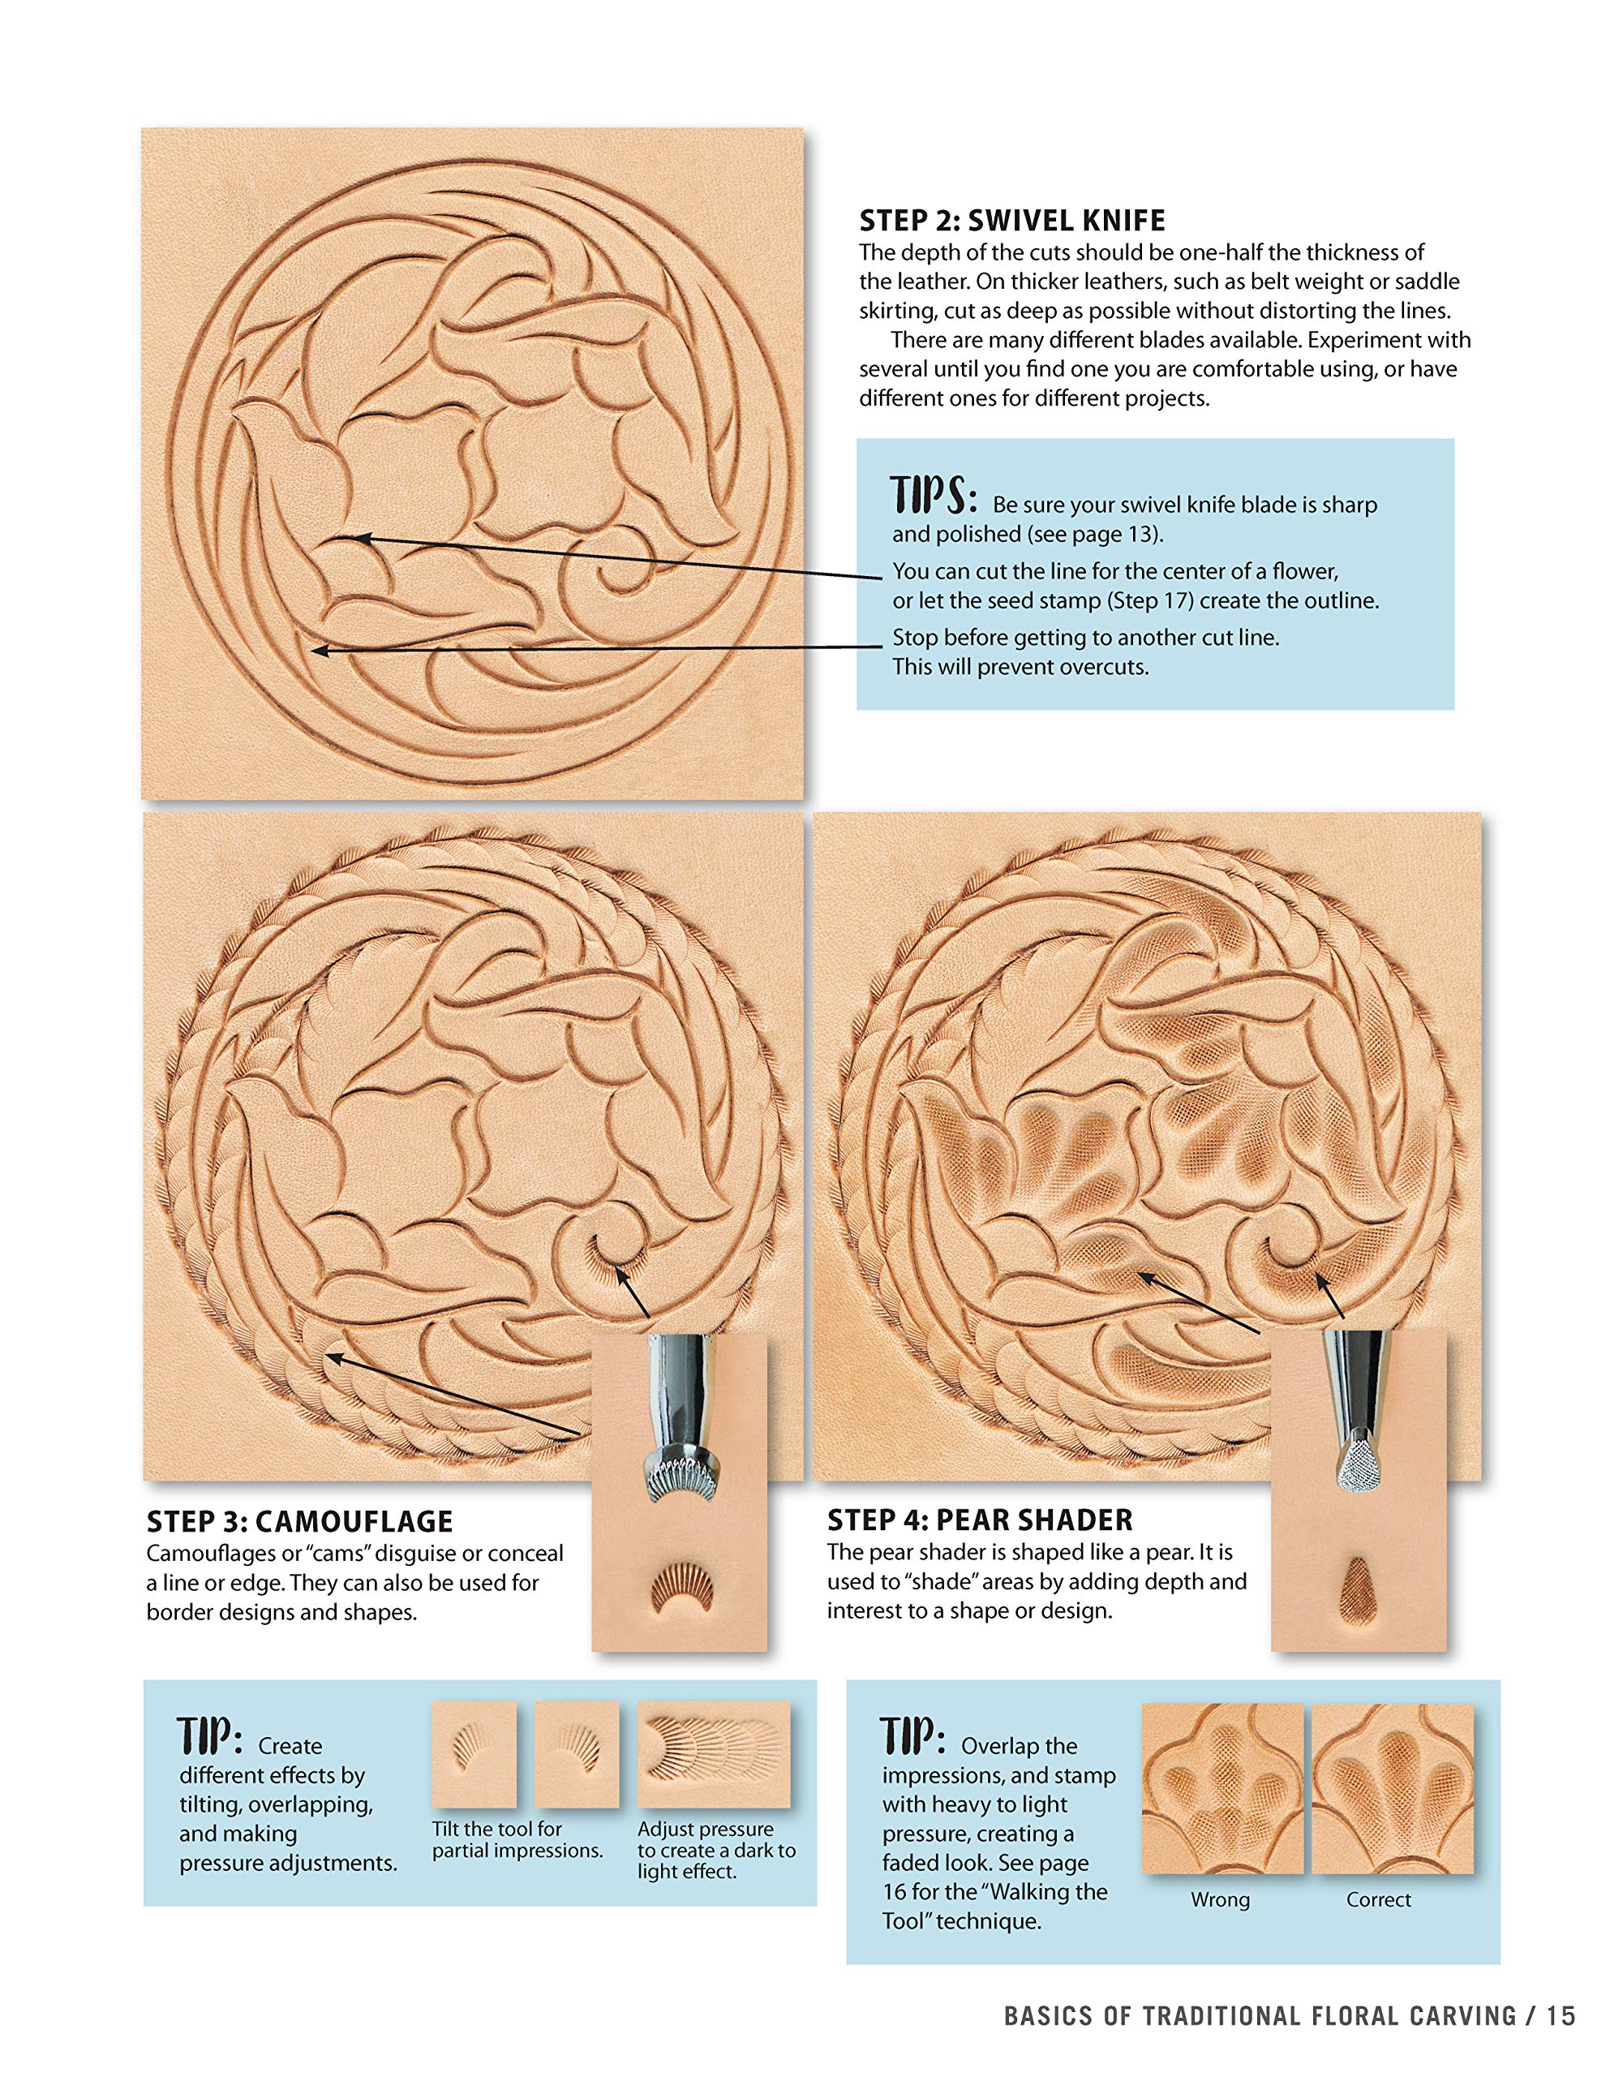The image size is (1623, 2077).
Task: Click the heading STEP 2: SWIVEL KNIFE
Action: [1011, 221]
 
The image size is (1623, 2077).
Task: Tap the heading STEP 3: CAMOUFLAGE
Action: [299, 1521]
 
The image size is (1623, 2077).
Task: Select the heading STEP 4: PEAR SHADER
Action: [979, 1520]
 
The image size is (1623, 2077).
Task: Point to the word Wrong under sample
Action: [1220, 1900]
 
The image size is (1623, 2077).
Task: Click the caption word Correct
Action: [1378, 1900]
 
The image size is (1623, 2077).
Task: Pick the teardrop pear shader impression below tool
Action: [1359, 1598]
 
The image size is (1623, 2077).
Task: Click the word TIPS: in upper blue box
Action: [934, 497]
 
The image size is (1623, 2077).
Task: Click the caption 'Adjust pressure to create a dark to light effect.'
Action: [715, 1851]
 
